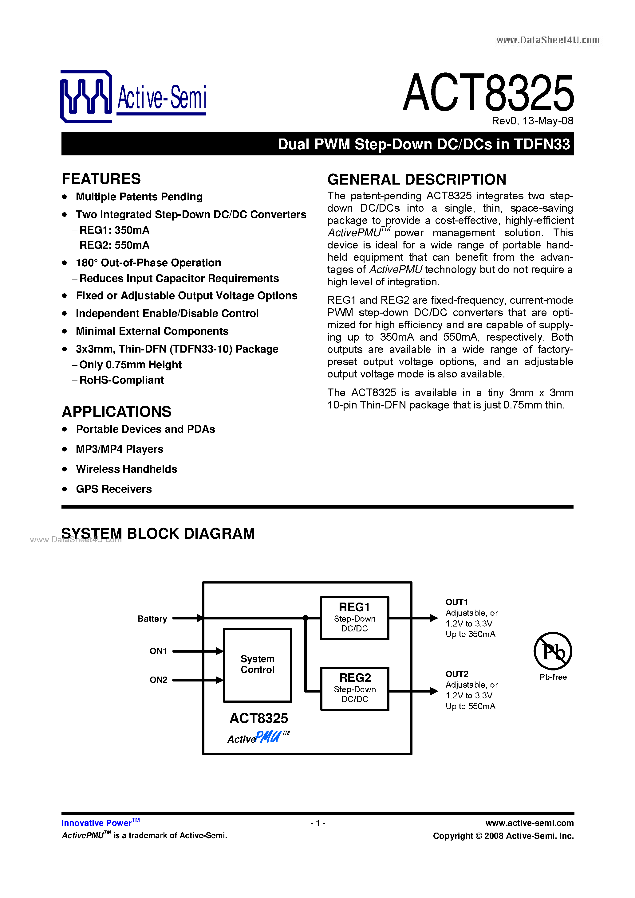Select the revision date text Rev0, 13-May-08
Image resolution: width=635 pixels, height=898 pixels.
[532, 121]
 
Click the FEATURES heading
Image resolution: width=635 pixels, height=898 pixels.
[101, 179]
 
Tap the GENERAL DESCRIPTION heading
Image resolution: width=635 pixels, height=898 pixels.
[416, 180]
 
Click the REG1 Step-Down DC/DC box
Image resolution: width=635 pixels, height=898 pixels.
[354, 618]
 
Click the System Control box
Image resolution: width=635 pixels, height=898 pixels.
[257, 665]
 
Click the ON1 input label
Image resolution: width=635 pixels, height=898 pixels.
[158, 651]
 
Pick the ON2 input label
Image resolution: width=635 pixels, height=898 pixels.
[158, 680]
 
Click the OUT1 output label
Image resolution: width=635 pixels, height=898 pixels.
[456, 602]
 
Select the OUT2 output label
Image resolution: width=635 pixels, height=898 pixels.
[457, 674]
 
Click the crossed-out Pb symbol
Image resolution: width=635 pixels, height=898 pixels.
[553, 651]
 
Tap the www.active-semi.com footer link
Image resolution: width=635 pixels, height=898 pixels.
[529, 823]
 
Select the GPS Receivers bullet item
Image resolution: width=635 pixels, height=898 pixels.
[113, 489]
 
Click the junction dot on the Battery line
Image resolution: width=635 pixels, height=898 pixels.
[306, 618]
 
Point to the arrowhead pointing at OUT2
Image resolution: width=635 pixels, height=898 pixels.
[434, 691]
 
